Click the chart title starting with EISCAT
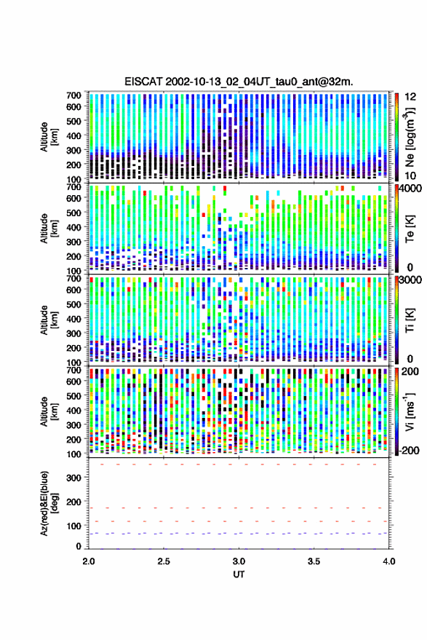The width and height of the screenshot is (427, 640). click(x=239, y=82)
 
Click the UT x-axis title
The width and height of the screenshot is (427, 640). click(x=239, y=574)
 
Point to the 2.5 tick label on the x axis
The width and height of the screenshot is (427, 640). click(x=164, y=561)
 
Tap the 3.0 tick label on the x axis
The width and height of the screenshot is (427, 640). click(x=239, y=561)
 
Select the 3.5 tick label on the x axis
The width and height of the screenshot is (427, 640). click(x=314, y=561)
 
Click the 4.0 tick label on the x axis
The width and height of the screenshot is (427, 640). click(x=388, y=561)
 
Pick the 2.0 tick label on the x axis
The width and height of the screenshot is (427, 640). click(x=89, y=561)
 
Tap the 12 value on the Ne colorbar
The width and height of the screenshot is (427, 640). click(x=411, y=97)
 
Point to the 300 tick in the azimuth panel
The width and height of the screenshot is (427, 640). click(x=73, y=478)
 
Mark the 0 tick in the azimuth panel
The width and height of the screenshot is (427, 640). click(x=79, y=546)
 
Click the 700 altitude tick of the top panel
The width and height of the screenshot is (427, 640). click(x=73, y=95)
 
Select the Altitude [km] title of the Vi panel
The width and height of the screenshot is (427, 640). click(x=48, y=411)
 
